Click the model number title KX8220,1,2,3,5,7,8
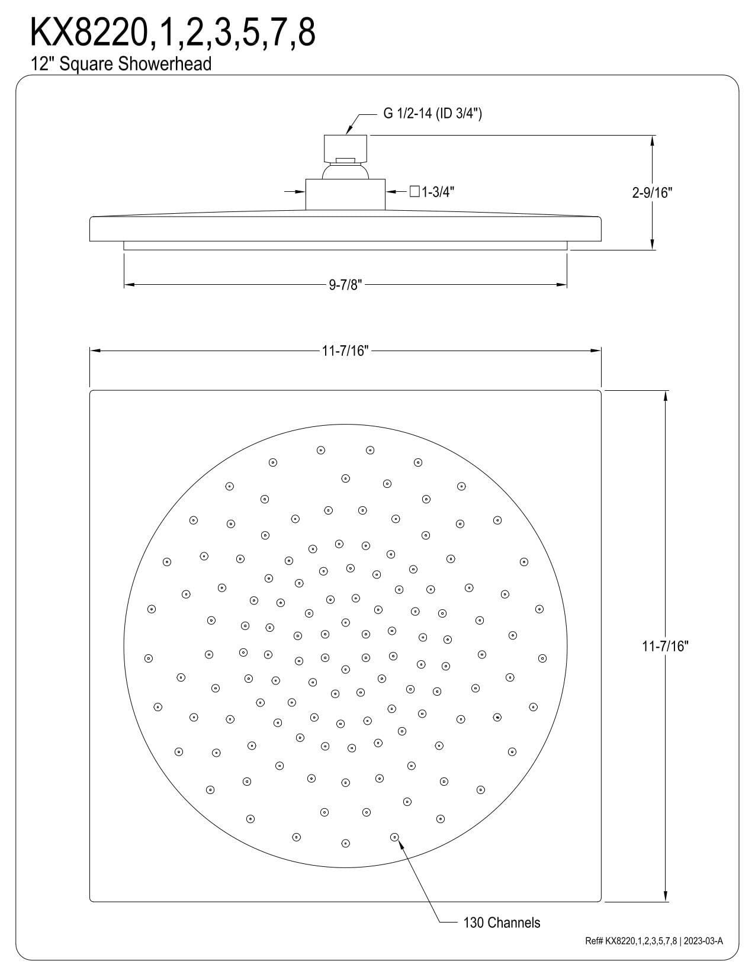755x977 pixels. click(x=173, y=33)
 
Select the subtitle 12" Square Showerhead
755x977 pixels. click(x=121, y=64)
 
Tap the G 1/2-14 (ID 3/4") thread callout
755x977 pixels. click(x=432, y=113)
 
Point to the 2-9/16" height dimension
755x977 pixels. click(x=652, y=192)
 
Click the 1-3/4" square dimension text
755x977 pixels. click(x=438, y=192)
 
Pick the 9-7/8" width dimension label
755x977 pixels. click(x=345, y=285)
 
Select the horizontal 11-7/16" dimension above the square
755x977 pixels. click(x=345, y=351)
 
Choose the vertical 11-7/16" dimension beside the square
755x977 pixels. click(x=666, y=646)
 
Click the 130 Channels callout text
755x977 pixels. click(x=502, y=923)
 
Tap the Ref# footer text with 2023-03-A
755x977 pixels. click(x=654, y=941)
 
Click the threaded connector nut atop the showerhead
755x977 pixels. click(x=345, y=148)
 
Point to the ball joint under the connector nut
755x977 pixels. click(x=345, y=172)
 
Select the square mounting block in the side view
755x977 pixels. click(x=345, y=194)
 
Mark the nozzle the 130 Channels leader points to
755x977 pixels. click(x=394, y=837)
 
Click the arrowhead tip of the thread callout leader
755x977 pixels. click(x=346, y=134)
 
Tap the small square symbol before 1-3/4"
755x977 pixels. click(x=415, y=191)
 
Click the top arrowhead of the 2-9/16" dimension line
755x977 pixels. click(x=652, y=136)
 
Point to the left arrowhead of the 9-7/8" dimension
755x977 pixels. click(x=124, y=285)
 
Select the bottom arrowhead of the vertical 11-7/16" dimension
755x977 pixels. click(x=666, y=901)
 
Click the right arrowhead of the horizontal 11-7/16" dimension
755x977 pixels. click(x=601, y=351)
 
